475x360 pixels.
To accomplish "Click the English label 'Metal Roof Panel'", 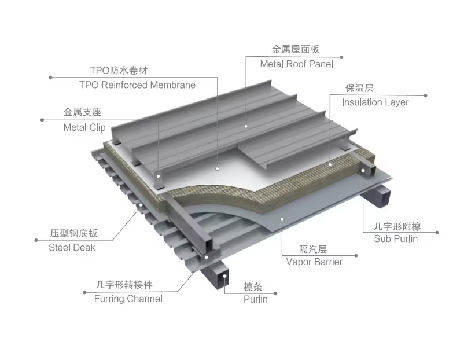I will [296, 64].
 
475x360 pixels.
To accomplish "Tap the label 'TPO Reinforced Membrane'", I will [137, 85].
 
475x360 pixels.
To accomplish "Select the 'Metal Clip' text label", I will [84, 127].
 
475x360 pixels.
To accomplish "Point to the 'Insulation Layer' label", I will [375, 102].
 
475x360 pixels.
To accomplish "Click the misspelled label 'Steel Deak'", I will [72, 247].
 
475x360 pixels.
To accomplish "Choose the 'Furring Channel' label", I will [128, 299].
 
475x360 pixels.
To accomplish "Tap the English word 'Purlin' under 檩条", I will [255, 299].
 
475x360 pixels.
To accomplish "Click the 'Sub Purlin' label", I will [396, 238].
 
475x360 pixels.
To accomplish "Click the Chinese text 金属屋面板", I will [296, 50].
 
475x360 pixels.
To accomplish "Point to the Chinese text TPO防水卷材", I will [119, 71].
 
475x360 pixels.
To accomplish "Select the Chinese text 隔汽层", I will [313, 249].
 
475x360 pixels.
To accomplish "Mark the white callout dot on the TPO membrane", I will [218, 169].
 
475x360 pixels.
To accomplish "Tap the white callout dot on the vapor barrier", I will [282, 218].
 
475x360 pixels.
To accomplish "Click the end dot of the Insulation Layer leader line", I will [426, 95].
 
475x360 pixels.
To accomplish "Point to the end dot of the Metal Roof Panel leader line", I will [342, 57].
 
